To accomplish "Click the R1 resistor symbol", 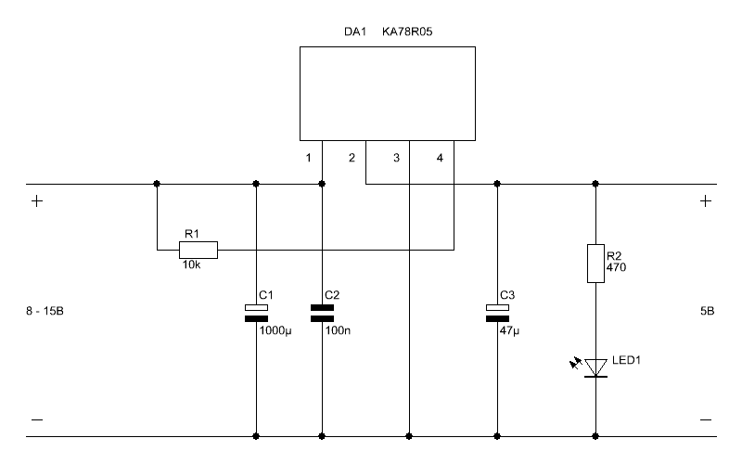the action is [x=198, y=250].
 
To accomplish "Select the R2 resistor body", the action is [x=595, y=264].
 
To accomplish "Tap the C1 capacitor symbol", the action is [x=257, y=313].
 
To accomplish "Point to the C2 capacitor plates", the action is [x=322, y=313].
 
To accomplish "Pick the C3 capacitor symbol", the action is [x=497, y=313].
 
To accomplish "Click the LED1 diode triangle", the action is [x=595, y=367].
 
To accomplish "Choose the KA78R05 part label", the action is [x=407, y=32].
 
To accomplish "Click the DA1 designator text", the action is [x=355, y=32].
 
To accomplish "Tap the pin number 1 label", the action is [x=309, y=158].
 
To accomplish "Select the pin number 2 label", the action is [x=352, y=158].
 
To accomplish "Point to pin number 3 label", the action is [x=397, y=158].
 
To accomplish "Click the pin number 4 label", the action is [x=440, y=158].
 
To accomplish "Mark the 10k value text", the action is [x=192, y=265].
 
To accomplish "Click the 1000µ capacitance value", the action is [x=275, y=330].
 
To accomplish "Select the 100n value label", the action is [x=338, y=330].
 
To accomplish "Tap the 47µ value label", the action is [x=509, y=330].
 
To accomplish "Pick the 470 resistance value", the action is [x=616, y=267].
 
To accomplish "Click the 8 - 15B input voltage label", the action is [x=45, y=311].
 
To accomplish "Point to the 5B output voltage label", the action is [x=707, y=311].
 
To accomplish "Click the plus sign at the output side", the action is [x=706, y=201].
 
